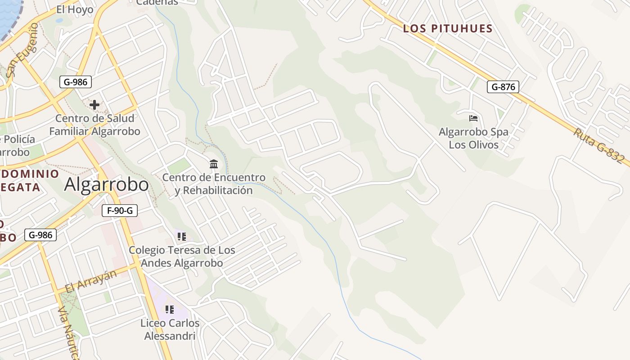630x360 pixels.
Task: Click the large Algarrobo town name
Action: click(106, 184)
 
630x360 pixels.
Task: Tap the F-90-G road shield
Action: click(119, 210)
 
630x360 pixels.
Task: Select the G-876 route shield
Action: click(503, 87)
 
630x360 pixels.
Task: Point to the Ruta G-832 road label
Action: click(599, 145)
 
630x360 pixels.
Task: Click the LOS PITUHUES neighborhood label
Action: click(448, 29)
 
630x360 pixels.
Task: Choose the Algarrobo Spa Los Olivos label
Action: click(473, 138)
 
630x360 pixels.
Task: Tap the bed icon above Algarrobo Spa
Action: click(473, 118)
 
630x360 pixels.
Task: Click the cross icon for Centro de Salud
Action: click(94, 105)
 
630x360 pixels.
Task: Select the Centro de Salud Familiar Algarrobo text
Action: click(94, 125)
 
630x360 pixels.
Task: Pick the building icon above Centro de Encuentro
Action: click(214, 163)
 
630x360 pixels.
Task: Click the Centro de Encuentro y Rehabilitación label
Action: click(214, 184)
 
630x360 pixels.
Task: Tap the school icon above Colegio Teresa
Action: click(182, 236)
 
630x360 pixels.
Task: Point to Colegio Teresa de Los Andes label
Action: click(182, 256)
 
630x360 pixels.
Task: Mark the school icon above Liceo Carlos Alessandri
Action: click(169, 309)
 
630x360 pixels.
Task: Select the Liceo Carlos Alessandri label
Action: click(170, 329)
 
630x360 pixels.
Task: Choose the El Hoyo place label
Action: click(75, 9)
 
